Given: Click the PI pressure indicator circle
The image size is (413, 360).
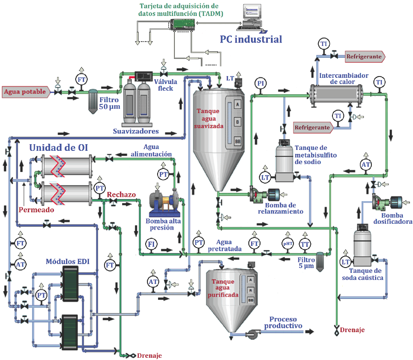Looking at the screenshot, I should (261, 83).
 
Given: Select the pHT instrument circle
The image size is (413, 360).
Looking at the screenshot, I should (288, 243).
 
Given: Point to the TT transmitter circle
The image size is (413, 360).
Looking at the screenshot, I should (305, 244).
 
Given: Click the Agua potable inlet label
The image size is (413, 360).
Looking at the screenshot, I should (25, 92).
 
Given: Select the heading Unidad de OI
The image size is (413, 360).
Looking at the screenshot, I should (60, 148).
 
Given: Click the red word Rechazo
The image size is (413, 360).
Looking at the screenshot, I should (121, 195).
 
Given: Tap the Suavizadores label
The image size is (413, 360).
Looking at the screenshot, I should (135, 131).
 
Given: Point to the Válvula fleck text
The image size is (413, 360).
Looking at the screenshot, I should (165, 84).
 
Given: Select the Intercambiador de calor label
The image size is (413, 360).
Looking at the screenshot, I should (344, 79).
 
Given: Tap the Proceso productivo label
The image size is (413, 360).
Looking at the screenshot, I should (283, 322).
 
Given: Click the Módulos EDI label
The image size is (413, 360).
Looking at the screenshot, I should (68, 262).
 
